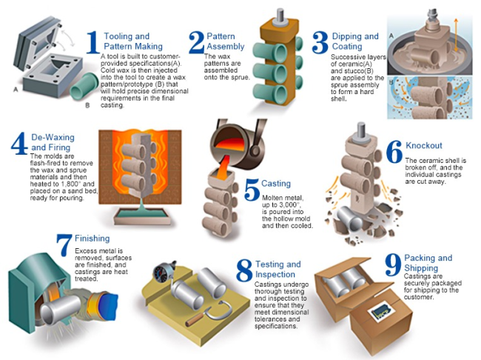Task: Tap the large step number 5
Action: click(x=252, y=190)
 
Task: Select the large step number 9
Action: click(x=393, y=264)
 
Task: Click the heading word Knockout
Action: click(x=424, y=146)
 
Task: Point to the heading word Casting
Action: click(x=276, y=184)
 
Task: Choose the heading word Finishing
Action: click(x=92, y=239)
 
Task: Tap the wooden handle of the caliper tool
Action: click(x=195, y=320)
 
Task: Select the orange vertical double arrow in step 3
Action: click(x=456, y=35)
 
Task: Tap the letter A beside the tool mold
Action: click(x=16, y=90)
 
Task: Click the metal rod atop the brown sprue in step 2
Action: click(x=280, y=16)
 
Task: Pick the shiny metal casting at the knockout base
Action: click(x=350, y=219)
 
